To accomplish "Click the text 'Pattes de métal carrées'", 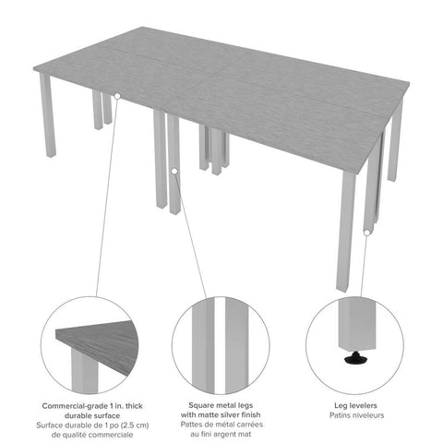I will (x=221, y=426).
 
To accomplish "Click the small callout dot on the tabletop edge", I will (x=117, y=96).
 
